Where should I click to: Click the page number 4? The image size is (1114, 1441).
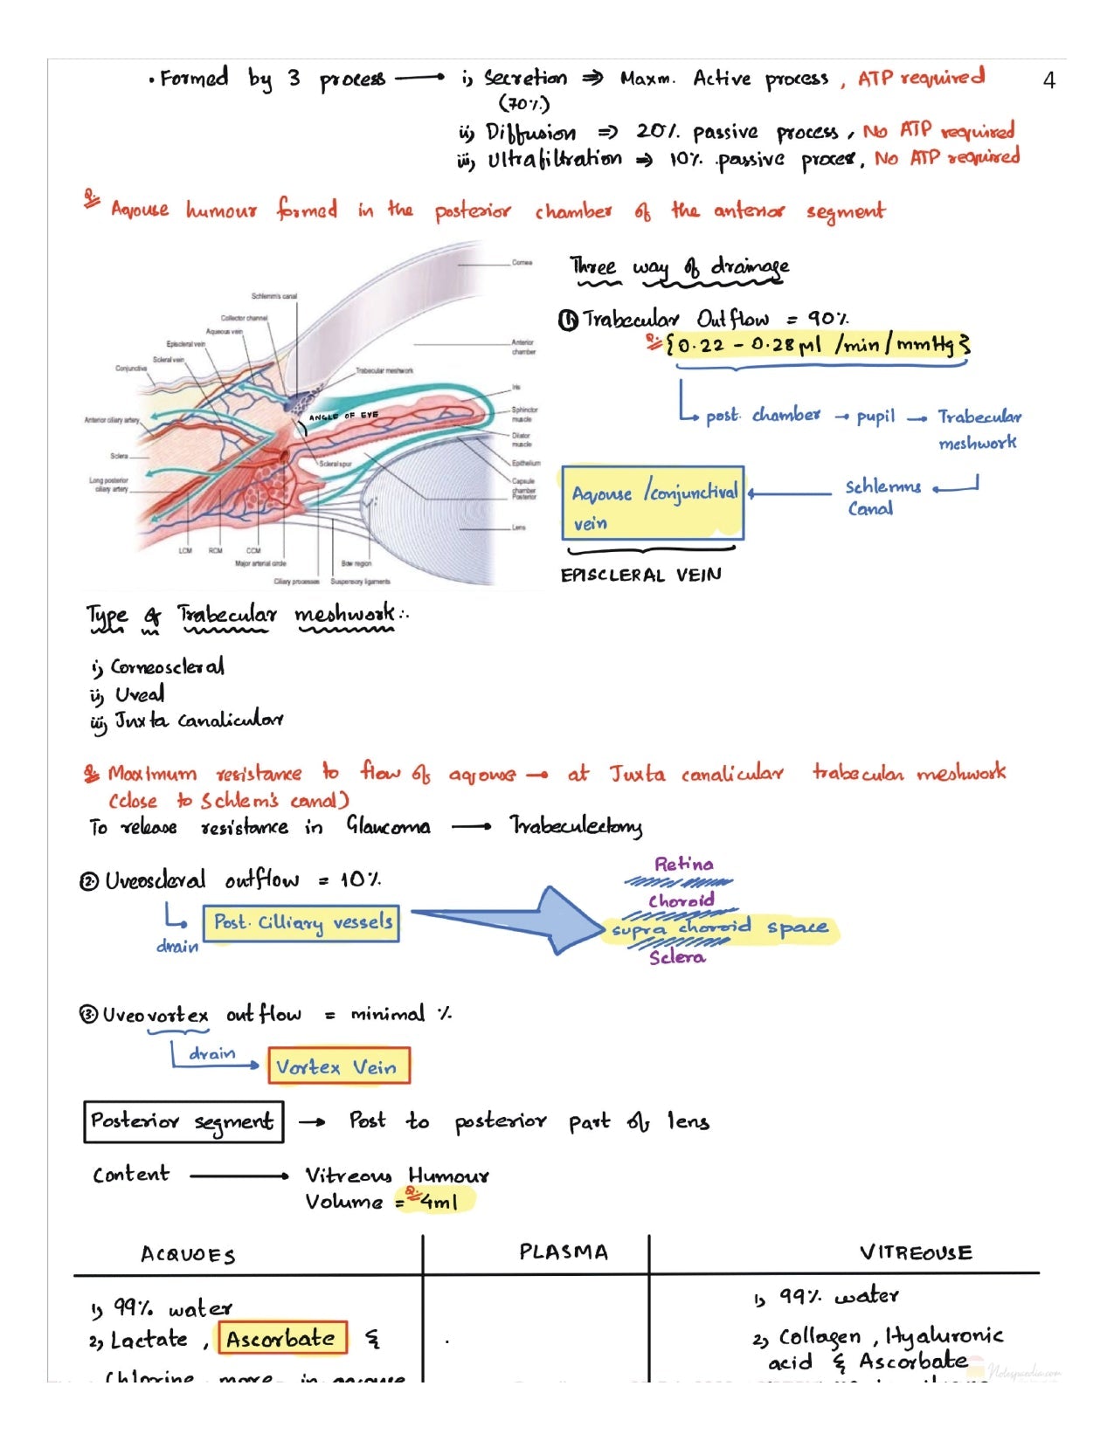(1048, 81)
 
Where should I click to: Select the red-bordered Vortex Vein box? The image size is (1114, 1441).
(338, 1066)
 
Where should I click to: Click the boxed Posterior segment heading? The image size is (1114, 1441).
(183, 1121)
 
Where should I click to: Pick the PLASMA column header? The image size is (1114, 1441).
(564, 1252)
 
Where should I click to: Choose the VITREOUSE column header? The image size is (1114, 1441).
(915, 1252)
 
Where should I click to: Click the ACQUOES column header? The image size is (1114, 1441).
(188, 1255)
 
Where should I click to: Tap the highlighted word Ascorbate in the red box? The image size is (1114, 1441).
(281, 1338)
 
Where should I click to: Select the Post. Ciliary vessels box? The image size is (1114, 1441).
(301, 923)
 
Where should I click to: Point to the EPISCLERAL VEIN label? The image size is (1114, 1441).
(640, 575)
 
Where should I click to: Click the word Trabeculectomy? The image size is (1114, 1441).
(576, 826)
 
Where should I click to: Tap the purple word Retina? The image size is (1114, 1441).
(683, 865)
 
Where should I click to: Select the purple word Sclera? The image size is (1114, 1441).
(676, 957)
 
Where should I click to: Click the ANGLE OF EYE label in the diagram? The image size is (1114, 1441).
(343, 417)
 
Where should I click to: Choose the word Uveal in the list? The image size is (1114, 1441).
(139, 695)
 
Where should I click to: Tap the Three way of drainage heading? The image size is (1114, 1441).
(679, 266)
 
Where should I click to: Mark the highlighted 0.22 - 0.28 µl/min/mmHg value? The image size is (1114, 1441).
(817, 344)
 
